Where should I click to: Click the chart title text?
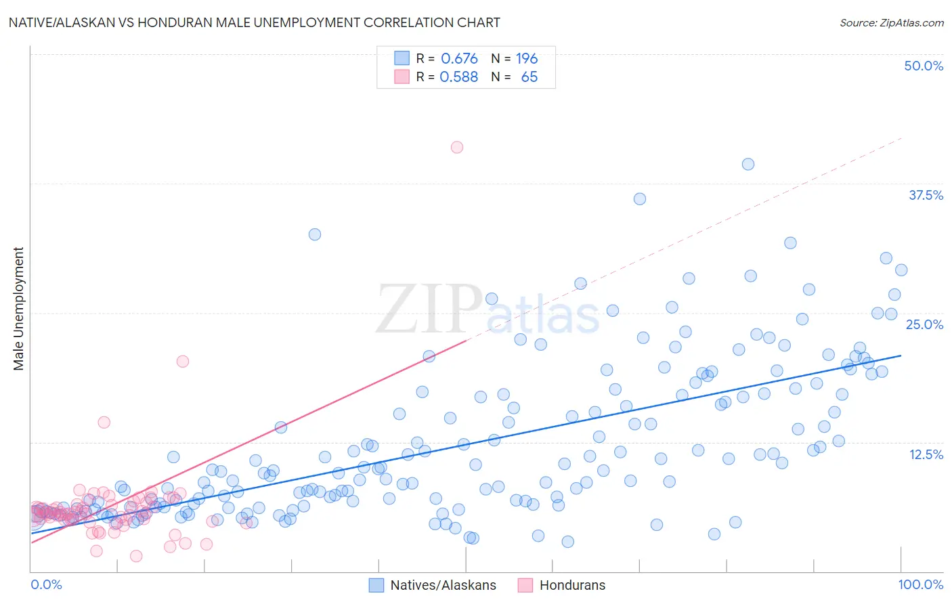[x=254, y=22]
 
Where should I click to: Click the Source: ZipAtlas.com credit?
[x=891, y=23]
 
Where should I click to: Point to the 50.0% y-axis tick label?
[x=924, y=66]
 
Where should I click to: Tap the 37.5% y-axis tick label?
[x=926, y=195]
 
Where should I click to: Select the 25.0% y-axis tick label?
[x=924, y=324]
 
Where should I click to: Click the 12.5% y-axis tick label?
[x=926, y=454]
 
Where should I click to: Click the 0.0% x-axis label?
[x=46, y=584]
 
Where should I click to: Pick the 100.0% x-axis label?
[x=920, y=584]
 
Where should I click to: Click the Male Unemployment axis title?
[x=18, y=309]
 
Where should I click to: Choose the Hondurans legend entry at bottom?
[x=572, y=585]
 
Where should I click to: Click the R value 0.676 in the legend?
[x=459, y=59]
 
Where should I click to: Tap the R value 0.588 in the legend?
[x=458, y=77]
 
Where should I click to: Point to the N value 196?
[x=527, y=59]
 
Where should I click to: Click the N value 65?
[x=529, y=77]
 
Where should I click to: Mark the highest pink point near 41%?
[x=457, y=147]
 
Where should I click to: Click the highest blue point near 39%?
[x=748, y=164]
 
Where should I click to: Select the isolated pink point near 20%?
[x=183, y=361]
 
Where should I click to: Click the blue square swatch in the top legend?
[x=402, y=58]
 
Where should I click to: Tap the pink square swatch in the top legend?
[x=402, y=77]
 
